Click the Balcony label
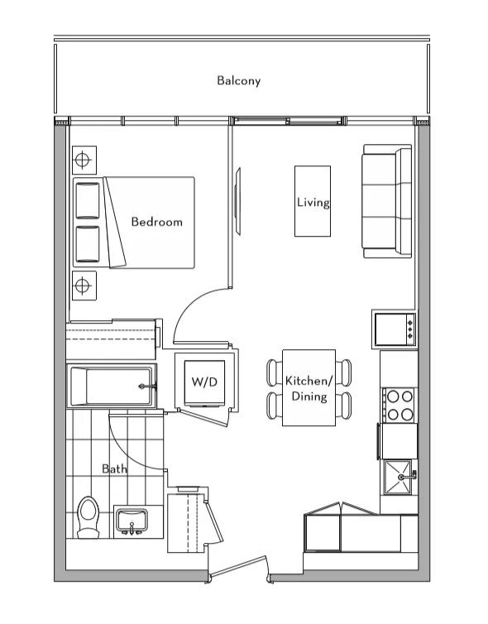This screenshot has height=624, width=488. [x=239, y=81]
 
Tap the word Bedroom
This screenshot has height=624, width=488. [x=156, y=222]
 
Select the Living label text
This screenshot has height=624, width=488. [x=313, y=203]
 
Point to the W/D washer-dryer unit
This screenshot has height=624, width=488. [x=205, y=383]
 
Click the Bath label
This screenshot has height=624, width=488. [x=114, y=468]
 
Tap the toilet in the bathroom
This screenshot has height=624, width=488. [x=88, y=517]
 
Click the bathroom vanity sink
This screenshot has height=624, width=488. [x=132, y=521]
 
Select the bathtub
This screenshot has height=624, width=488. [x=112, y=386]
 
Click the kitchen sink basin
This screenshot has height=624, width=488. [x=397, y=477]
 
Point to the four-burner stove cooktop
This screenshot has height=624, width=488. [x=399, y=406]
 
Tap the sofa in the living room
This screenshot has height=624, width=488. [x=386, y=201]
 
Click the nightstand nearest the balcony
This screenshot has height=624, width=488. [x=84, y=160]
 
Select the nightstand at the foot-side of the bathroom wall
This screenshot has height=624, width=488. [x=84, y=286]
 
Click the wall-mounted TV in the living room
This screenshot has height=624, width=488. [x=238, y=201]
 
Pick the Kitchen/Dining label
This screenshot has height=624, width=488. [x=309, y=388]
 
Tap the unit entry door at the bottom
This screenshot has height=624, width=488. [x=238, y=566]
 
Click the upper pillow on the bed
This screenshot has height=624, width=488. [x=88, y=200]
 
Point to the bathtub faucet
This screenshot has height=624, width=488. [x=146, y=386]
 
